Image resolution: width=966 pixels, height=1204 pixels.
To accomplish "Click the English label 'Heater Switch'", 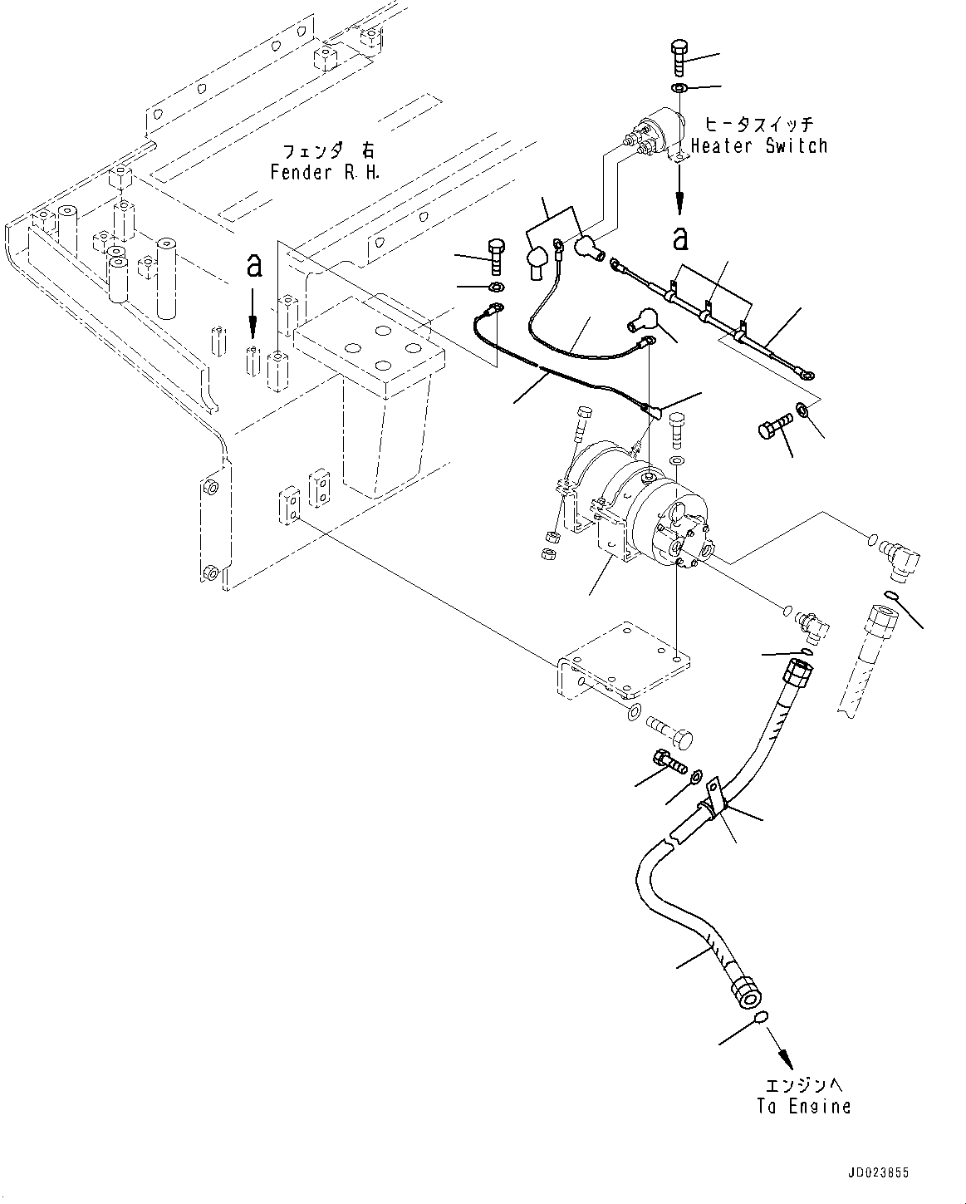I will [759, 146].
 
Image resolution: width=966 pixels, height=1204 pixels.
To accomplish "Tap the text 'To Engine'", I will [803, 1107].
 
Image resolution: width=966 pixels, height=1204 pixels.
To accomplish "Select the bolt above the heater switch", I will [677, 59].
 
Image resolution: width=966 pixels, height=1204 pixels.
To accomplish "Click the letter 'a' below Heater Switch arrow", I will [680, 239].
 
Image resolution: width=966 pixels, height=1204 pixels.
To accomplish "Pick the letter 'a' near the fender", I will [255, 267].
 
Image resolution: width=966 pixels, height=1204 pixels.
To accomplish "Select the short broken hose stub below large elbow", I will [864, 661].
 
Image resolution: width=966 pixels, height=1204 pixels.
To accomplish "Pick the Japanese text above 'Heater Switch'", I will [758, 125].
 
